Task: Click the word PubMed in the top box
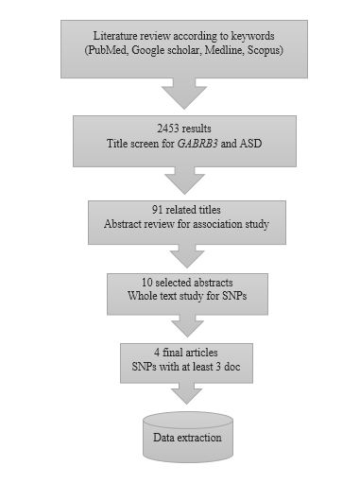point(105,47)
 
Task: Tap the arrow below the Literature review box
point(185,92)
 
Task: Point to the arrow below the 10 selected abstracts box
point(185,323)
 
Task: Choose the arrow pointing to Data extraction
point(185,392)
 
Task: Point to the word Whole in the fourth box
point(152,297)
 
